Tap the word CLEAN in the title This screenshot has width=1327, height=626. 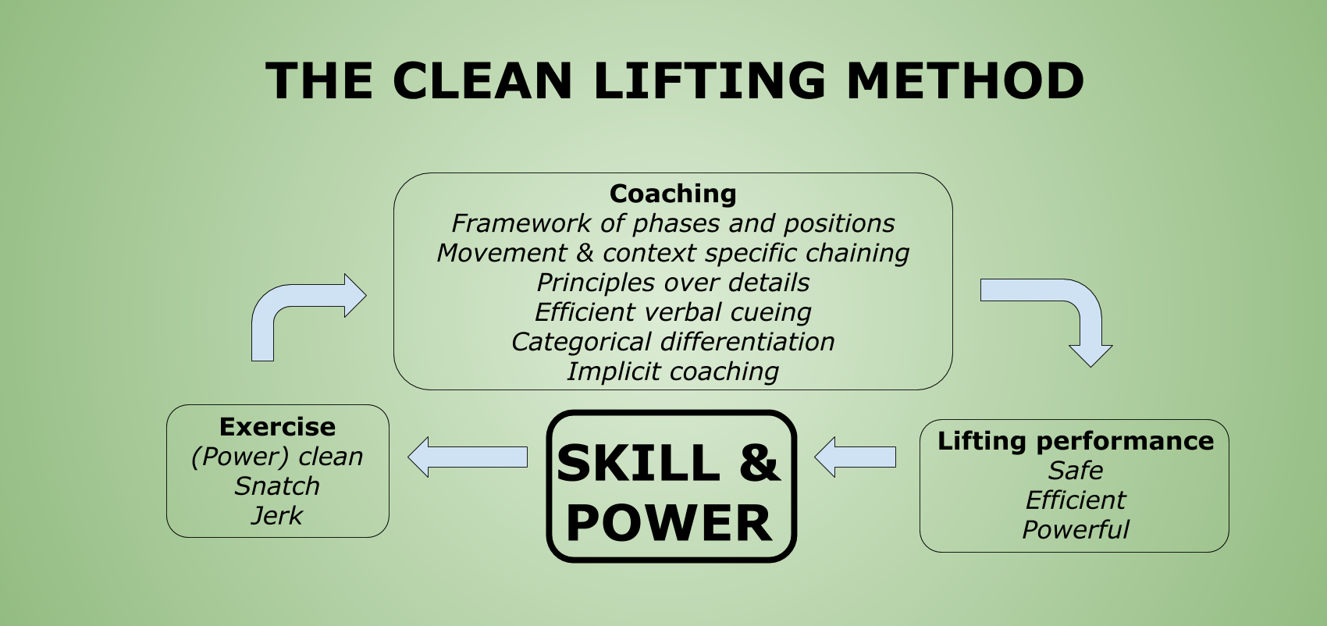click(482, 81)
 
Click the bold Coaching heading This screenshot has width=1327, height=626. click(673, 194)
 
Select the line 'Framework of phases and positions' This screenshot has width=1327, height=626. click(673, 223)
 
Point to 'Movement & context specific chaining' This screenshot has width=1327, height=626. click(673, 253)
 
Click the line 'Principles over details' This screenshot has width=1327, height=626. click(673, 283)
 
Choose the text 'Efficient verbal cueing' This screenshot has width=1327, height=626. click(673, 312)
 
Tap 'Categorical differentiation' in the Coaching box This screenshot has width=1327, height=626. click(673, 342)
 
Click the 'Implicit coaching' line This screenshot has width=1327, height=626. click(673, 372)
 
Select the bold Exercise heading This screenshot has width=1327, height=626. click(277, 427)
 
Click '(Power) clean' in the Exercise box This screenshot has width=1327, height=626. click(277, 457)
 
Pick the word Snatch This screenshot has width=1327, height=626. click(277, 486)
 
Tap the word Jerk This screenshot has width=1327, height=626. click(277, 516)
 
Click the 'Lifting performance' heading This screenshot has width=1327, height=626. click(1075, 441)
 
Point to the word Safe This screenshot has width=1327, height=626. click(1075, 471)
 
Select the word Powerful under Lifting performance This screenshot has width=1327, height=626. click(1075, 530)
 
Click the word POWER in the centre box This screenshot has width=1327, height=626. click(669, 523)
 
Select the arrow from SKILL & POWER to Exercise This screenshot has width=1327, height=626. click(468, 457)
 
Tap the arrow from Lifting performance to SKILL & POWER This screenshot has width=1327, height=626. click(856, 457)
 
